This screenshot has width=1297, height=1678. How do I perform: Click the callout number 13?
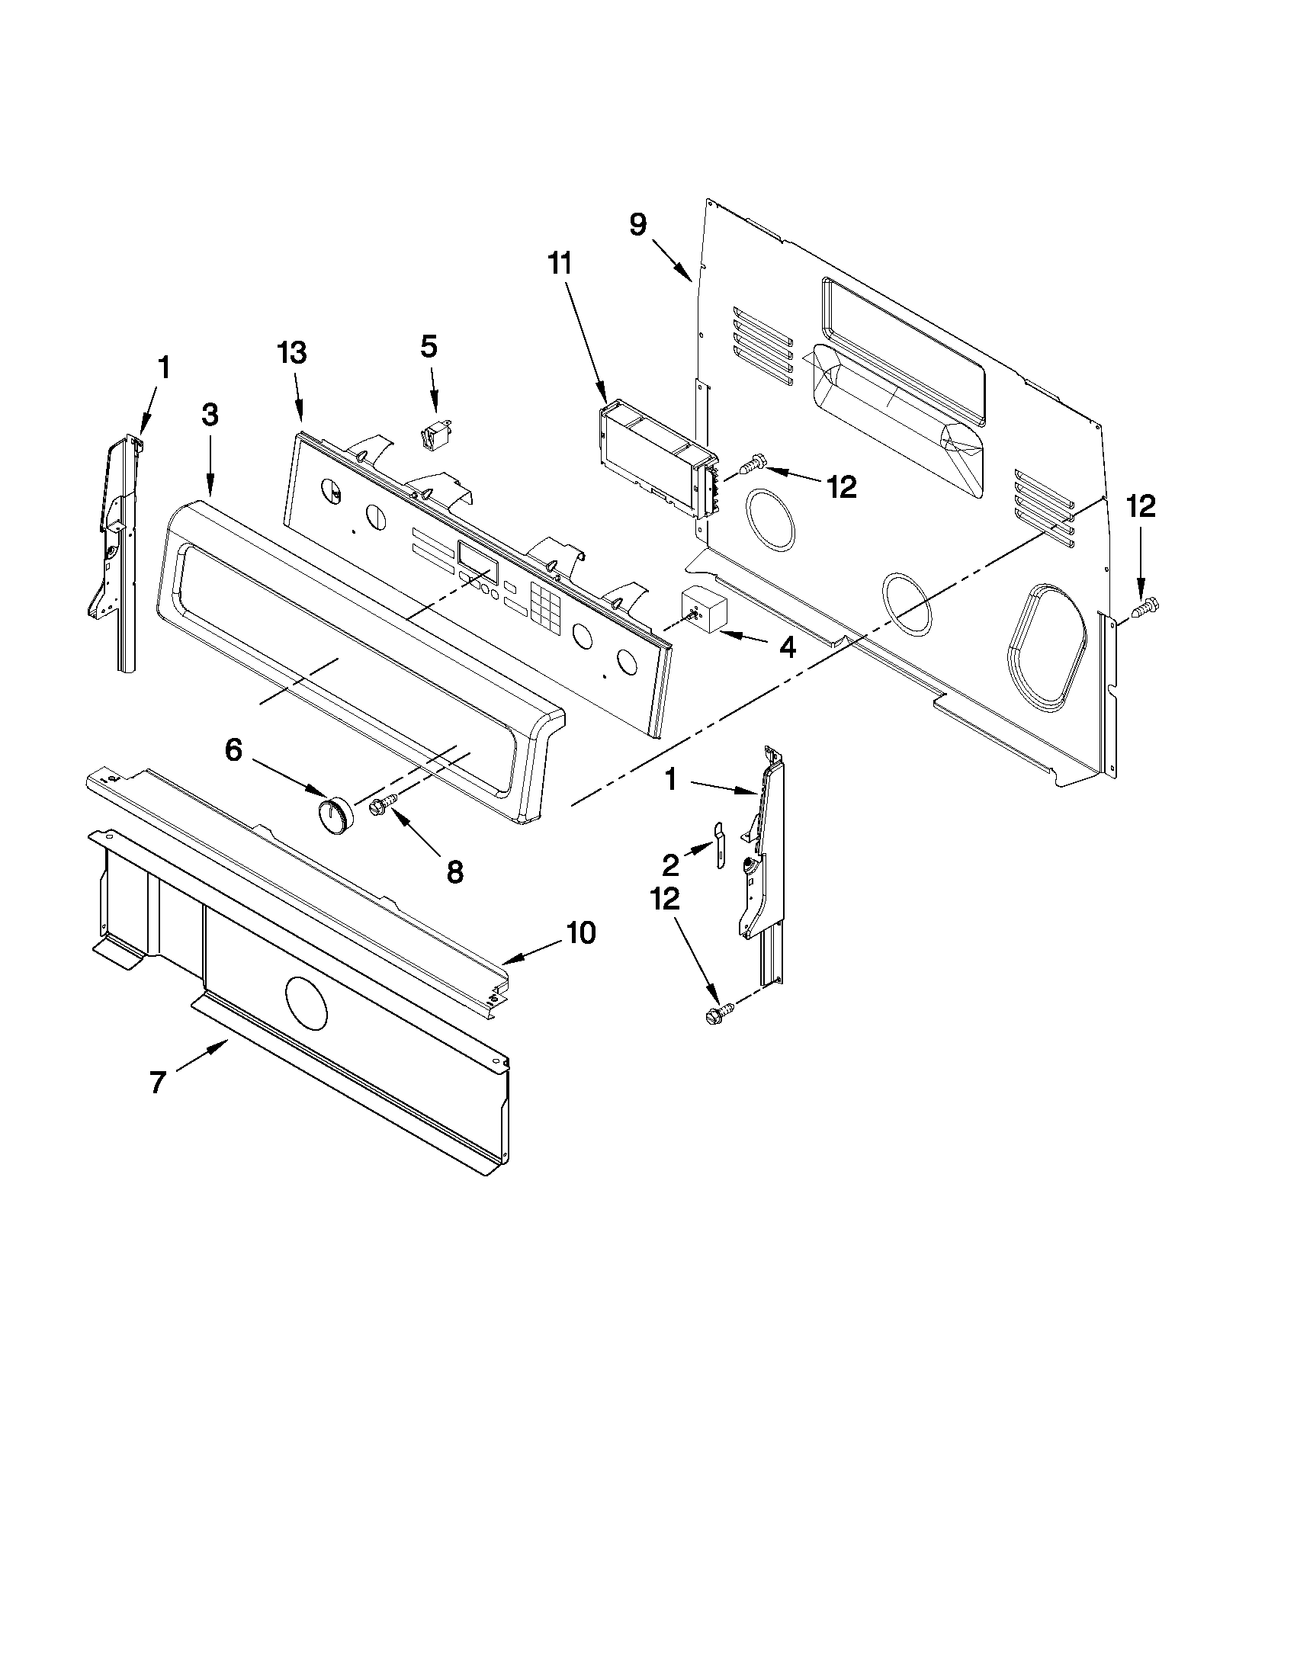coord(292,353)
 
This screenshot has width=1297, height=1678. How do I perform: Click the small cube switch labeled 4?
coord(704,608)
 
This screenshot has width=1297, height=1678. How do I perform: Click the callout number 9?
coord(637,224)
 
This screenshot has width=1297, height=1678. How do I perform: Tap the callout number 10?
coord(581,932)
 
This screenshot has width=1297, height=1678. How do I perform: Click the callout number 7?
coord(158,1083)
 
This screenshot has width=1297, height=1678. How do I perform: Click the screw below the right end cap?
coord(716,1015)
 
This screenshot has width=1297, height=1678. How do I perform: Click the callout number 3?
coord(210,415)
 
